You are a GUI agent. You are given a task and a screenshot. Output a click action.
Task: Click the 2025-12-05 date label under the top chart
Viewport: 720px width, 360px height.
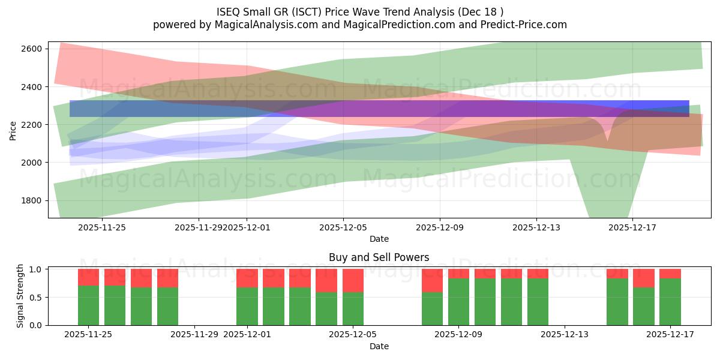[x=343, y=227]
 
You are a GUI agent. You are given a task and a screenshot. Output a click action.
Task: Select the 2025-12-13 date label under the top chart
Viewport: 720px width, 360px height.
[x=536, y=227]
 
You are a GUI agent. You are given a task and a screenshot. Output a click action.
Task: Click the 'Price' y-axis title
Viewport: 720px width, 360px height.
[x=13, y=130]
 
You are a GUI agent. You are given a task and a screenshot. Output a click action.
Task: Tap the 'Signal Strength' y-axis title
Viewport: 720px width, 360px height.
[x=20, y=296]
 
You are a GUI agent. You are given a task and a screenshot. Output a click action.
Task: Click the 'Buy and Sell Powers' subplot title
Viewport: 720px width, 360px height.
[x=379, y=257]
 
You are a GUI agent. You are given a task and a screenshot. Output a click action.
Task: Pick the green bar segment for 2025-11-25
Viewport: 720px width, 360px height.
[x=88, y=305]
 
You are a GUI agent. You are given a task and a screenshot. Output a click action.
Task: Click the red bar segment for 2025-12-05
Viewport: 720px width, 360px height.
[x=353, y=280]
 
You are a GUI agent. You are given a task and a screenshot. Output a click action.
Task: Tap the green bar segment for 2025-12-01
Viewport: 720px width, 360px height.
[x=247, y=307]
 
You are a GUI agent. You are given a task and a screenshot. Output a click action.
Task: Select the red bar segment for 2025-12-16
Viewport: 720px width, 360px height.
[x=643, y=278]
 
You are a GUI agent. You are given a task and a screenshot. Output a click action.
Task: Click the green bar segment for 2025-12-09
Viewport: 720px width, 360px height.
[x=458, y=302]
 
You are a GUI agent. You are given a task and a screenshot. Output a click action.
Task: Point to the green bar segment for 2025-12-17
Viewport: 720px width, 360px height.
[x=670, y=302]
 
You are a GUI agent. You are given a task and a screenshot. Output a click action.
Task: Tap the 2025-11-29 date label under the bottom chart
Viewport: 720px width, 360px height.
[x=194, y=335]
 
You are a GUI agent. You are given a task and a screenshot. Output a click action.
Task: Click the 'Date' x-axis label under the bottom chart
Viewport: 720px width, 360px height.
[x=379, y=346]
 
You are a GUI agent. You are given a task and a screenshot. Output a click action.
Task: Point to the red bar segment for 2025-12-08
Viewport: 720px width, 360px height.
[x=432, y=280]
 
